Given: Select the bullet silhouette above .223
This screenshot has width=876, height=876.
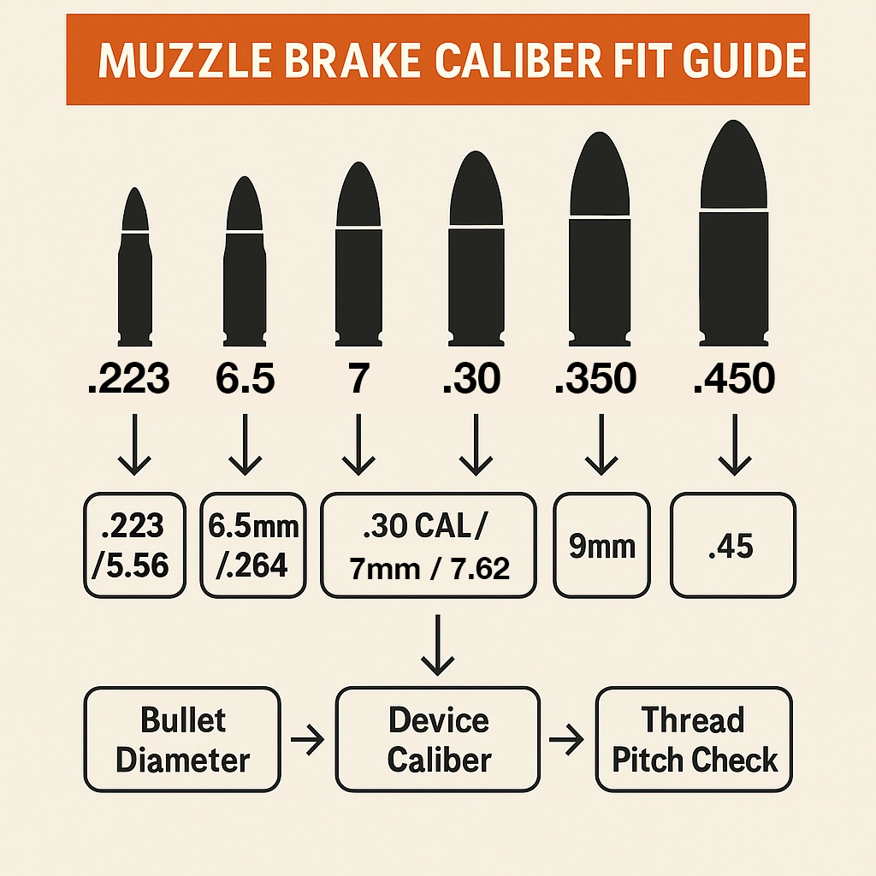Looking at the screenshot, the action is (x=134, y=267).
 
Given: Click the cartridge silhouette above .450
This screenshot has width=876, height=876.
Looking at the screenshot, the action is (x=733, y=234).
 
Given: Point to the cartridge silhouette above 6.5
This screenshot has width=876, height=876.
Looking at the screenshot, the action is (x=244, y=262).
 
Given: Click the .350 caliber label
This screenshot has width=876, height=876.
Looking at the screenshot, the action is (x=595, y=378).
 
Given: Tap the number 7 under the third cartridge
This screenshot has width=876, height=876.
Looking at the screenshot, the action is (x=358, y=378).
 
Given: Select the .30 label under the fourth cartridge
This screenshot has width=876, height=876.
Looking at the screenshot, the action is (x=471, y=378).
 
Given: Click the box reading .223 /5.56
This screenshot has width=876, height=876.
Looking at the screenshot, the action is (x=134, y=545).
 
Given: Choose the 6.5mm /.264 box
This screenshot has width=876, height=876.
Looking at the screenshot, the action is (x=253, y=545).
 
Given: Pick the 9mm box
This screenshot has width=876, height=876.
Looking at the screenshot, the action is (x=601, y=545).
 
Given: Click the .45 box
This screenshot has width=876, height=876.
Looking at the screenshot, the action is (x=733, y=545).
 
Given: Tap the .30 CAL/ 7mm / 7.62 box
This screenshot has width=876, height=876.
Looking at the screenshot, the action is (x=429, y=545).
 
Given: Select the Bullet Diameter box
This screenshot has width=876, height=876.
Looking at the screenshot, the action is (x=182, y=739).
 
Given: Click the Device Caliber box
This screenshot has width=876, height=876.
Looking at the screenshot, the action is (x=438, y=739).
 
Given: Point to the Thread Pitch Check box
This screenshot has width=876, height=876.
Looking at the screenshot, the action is (x=694, y=739).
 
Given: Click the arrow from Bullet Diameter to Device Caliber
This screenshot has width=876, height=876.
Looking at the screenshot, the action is (x=307, y=740).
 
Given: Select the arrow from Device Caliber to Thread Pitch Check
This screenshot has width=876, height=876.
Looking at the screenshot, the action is (x=566, y=740).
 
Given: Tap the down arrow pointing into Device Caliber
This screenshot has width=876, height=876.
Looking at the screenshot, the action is (x=437, y=645).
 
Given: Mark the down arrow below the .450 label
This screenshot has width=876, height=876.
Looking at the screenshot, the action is (x=735, y=445).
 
